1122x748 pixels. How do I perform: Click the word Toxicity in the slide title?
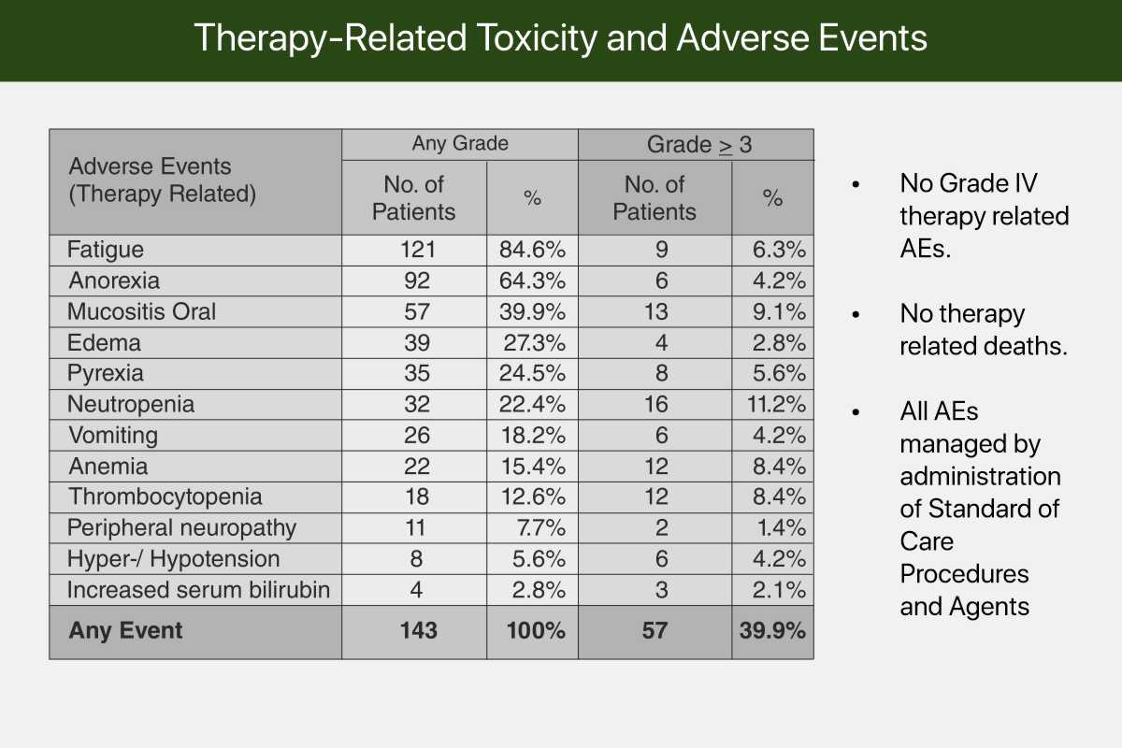pos(537,38)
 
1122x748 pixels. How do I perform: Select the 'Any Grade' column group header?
pos(460,143)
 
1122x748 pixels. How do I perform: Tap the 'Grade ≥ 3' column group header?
pos(698,144)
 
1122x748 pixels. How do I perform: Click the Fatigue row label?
pos(105,250)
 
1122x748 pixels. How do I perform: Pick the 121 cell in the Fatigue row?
pos(417,250)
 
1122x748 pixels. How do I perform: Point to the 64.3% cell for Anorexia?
pos(532,280)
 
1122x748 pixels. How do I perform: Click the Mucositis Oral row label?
pos(141,311)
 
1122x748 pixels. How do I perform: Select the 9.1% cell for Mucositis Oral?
pos(779,311)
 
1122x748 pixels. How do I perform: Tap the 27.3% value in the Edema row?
pos(535,343)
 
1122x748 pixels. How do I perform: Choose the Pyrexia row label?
pos(105,374)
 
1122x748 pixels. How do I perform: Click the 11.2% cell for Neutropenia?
pos(776,404)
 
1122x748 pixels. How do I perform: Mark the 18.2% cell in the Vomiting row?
pos(533,436)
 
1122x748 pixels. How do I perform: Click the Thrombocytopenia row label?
pos(165,497)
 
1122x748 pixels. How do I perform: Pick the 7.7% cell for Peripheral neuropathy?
pos(541,528)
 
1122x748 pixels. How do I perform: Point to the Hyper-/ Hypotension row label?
pos(173,559)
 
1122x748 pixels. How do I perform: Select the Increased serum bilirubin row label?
pos(198,590)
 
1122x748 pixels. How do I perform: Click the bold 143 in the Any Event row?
pos(418,631)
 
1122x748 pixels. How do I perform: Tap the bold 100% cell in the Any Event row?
pos(536,631)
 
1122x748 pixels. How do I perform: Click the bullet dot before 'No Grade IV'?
pos(856,184)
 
